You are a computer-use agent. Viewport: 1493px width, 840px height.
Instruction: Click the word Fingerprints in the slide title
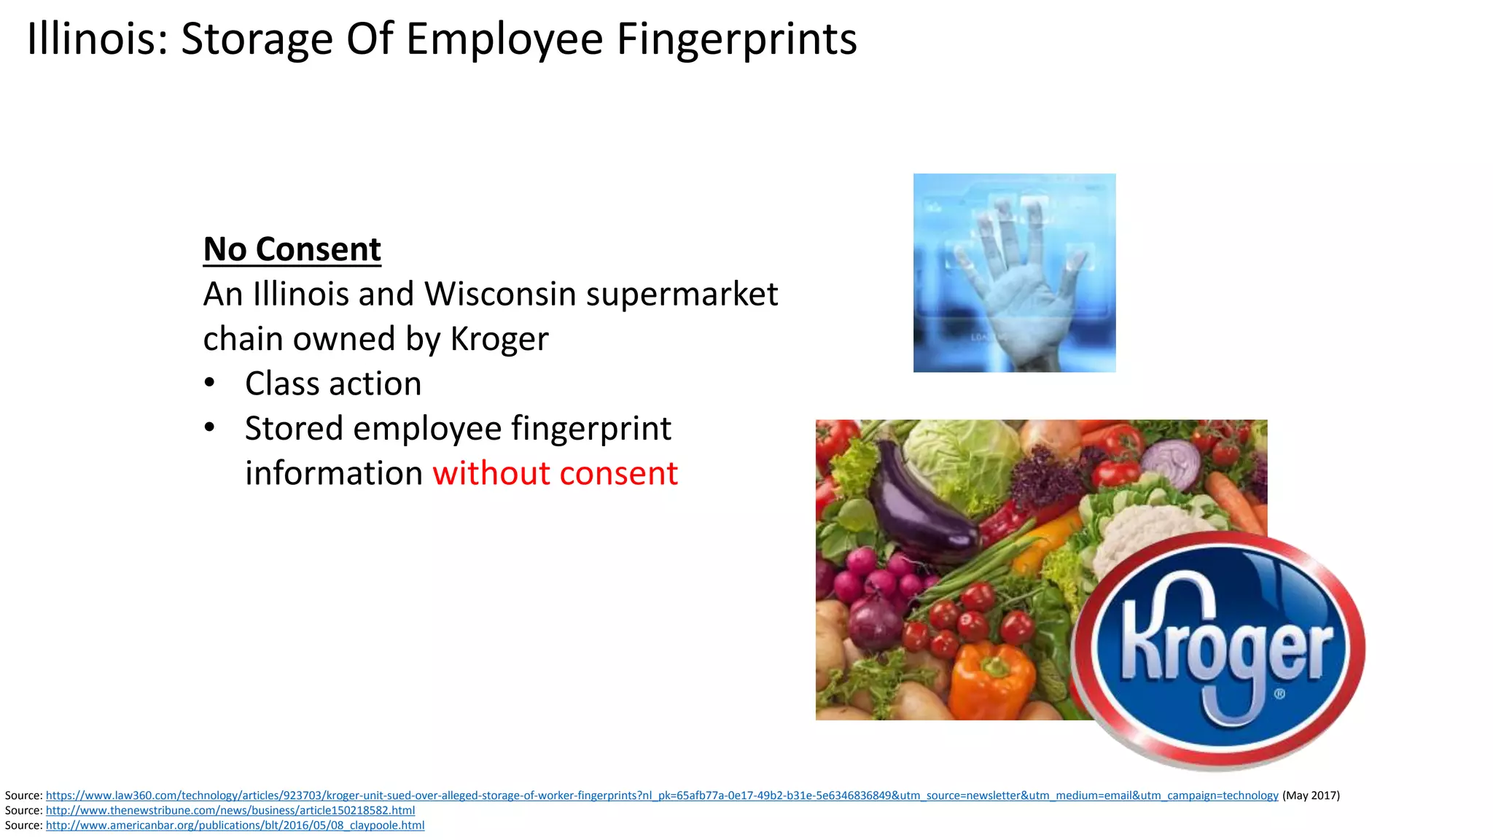[736, 39]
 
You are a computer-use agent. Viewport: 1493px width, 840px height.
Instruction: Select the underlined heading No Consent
[292, 249]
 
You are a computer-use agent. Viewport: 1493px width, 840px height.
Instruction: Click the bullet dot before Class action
[210, 383]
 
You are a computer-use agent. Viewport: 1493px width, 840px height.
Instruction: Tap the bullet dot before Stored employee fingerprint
[210, 427]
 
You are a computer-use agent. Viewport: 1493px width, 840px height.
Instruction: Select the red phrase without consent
[555, 473]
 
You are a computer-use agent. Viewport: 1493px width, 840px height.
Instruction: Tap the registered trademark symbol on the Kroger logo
[1279, 693]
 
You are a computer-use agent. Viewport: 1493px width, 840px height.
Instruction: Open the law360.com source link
[662, 796]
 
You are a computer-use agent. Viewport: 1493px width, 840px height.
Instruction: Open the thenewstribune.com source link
[230, 810]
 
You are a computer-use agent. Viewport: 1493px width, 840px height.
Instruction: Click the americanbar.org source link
[235, 825]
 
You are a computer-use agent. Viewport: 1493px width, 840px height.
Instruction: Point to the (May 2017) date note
[1311, 796]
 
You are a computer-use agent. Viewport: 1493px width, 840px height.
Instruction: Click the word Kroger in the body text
[499, 339]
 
